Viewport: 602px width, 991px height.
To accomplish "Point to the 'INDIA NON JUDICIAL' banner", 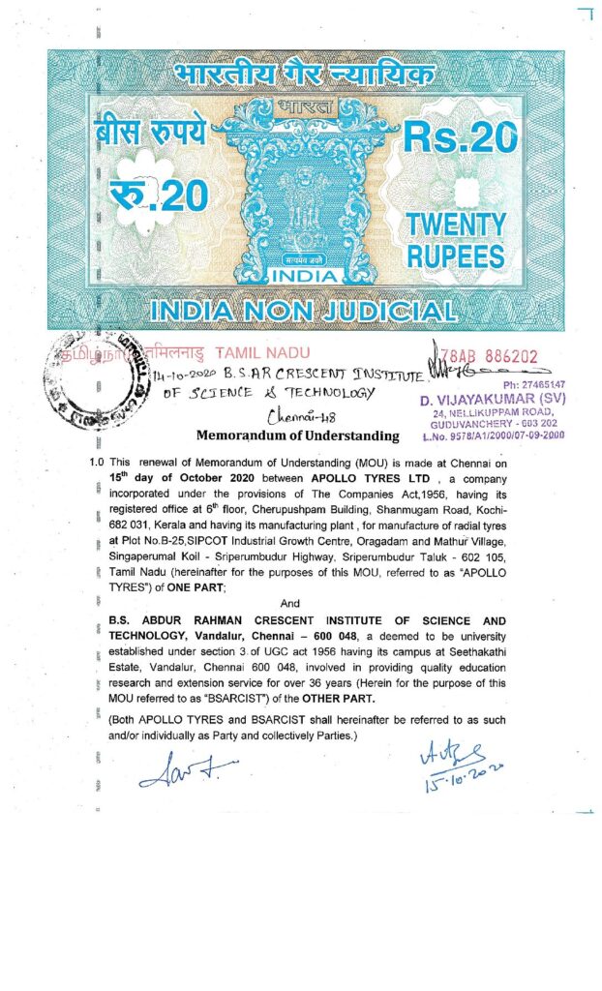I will [x=304, y=312].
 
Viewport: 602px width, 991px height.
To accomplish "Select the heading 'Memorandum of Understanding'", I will [x=297, y=435].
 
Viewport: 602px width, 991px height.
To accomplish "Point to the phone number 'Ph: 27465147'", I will [x=525, y=384].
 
